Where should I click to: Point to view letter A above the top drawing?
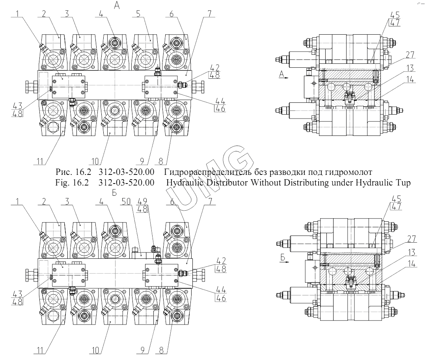tap(116, 5)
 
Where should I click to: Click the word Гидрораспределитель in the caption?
tap(207, 172)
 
